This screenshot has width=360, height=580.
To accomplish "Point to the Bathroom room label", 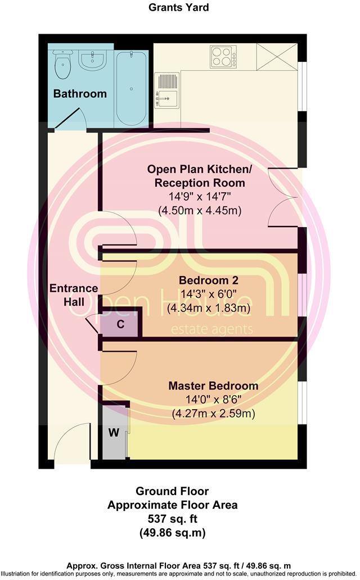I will pyautogui.click(x=80, y=94).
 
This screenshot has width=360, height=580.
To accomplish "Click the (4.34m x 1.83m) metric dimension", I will pyautogui.click(x=209, y=308).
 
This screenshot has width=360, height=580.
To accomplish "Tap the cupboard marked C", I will pyautogui.click(x=120, y=324).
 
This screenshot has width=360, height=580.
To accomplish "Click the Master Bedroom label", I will pyautogui.click(x=213, y=386).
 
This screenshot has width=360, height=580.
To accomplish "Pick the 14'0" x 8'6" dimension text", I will pyautogui.click(x=213, y=400).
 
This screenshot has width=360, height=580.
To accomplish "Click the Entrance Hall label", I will pyautogui.click(x=74, y=295).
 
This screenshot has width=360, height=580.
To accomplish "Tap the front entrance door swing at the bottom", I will pyautogui.click(x=73, y=444).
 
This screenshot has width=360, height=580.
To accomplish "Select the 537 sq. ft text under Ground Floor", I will pyautogui.click(x=172, y=519).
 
